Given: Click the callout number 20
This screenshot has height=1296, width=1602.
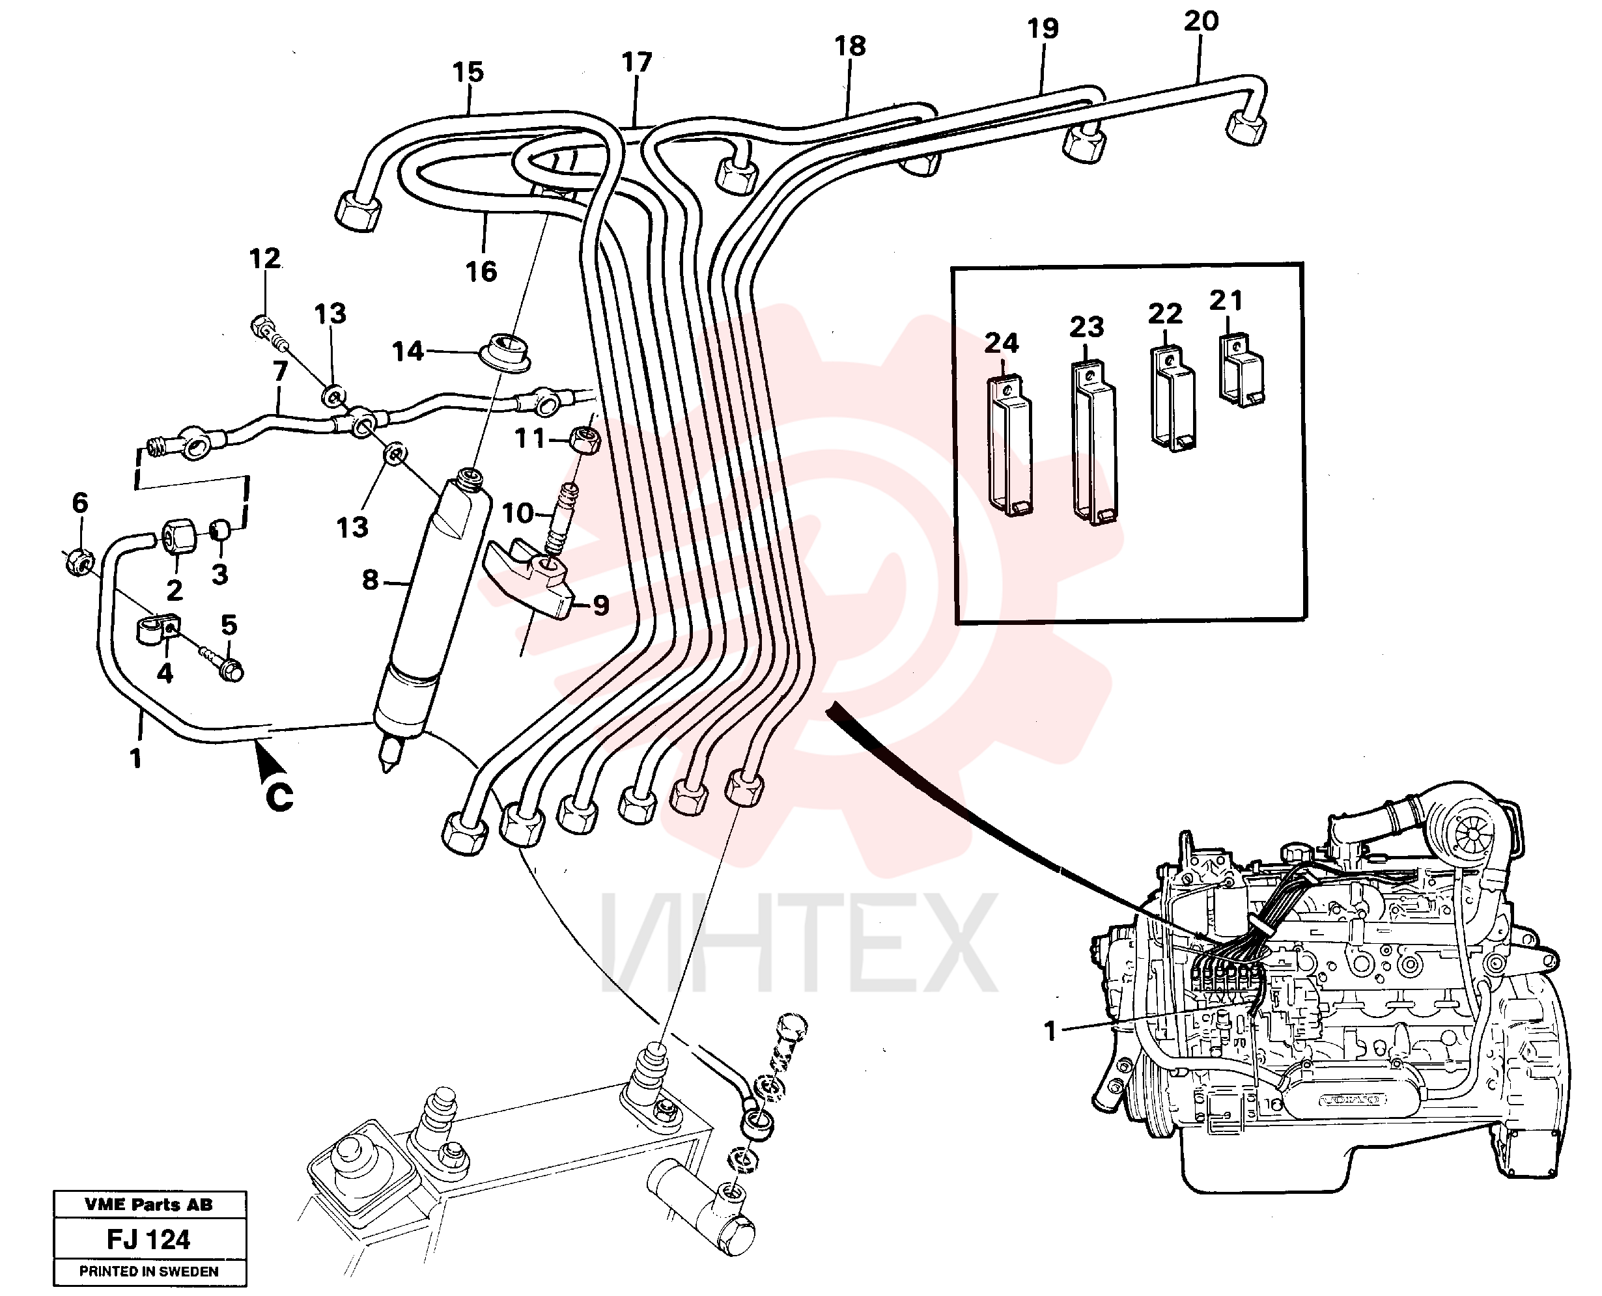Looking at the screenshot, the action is tap(1201, 21).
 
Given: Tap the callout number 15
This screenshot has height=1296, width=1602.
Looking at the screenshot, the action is tap(468, 72).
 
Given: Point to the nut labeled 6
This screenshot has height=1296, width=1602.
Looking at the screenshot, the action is tap(77, 560).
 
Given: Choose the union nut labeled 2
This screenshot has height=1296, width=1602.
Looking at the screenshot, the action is tap(177, 538).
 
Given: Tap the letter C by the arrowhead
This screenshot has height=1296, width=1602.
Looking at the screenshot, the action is tap(279, 797).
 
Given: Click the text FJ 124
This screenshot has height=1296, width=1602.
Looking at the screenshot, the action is tap(148, 1239).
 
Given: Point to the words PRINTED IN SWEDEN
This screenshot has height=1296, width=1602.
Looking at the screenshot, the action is tap(148, 1271).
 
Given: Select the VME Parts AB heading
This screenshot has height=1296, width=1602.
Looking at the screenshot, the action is tap(148, 1204).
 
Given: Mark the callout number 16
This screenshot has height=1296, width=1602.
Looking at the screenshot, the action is tap(481, 271).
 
